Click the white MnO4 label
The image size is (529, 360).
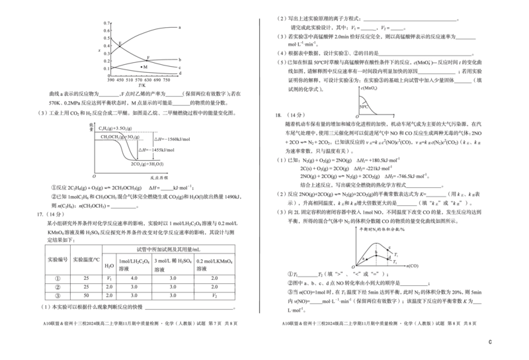tap(423, 63)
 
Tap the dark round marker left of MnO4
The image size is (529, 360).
tap(415, 63)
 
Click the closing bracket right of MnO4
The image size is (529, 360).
tap(432, 63)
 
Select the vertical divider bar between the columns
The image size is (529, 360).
tap(259, 165)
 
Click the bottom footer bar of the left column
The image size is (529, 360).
tap(140, 323)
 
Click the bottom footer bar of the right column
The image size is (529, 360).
tap(380, 323)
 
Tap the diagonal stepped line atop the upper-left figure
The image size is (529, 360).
tap(159, 28)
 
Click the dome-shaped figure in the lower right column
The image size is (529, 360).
tap(377, 255)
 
